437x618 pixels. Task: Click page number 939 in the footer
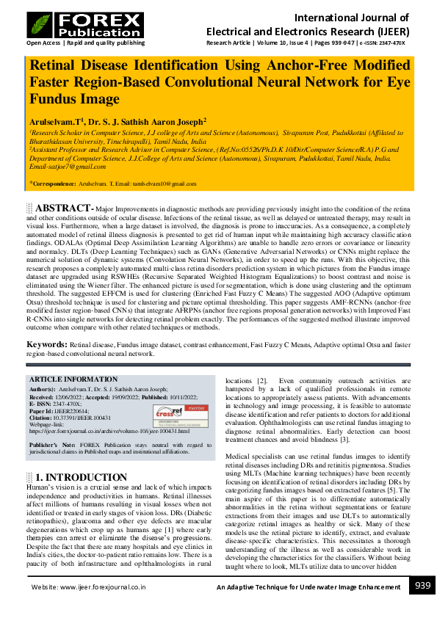point(422,585)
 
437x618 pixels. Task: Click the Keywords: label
point(48,343)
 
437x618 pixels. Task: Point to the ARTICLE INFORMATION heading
point(72,379)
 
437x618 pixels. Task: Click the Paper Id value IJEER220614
point(73,411)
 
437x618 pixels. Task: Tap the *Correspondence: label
point(52,183)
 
